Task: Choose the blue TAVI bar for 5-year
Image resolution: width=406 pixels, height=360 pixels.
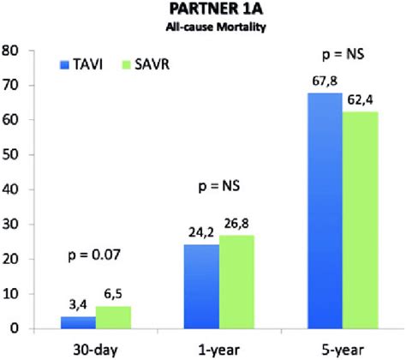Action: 326,210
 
